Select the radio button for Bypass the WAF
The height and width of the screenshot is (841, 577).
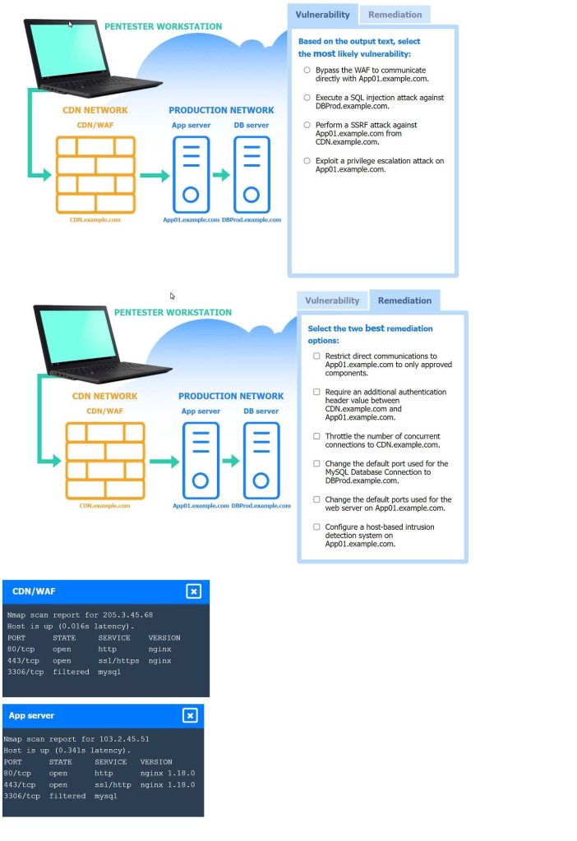(307, 70)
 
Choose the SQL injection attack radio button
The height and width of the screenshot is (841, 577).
(307, 97)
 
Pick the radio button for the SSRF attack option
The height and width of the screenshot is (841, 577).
(307, 125)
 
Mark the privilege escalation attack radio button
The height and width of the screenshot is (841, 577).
(307, 161)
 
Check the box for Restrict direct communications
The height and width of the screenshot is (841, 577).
(316, 356)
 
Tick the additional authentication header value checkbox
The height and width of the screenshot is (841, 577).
(316, 392)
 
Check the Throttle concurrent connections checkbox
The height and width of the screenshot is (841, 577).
(316, 436)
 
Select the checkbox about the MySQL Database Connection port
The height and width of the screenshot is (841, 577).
(316, 463)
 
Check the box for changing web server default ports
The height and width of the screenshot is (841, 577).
(316, 499)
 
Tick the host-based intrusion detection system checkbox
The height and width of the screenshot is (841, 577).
(316, 526)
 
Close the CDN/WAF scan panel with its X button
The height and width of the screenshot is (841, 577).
(193, 591)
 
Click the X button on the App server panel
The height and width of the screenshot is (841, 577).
(190, 715)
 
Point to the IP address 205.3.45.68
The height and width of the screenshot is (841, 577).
(124, 614)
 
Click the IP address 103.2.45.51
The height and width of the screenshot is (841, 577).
(121, 738)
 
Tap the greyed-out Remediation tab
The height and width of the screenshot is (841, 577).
(395, 15)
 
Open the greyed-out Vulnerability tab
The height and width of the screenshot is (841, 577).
(332, 301)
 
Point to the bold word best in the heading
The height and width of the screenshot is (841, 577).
(375, 329)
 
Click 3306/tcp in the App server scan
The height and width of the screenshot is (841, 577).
(21, 796)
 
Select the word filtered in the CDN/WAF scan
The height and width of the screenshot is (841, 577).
(71, 672)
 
